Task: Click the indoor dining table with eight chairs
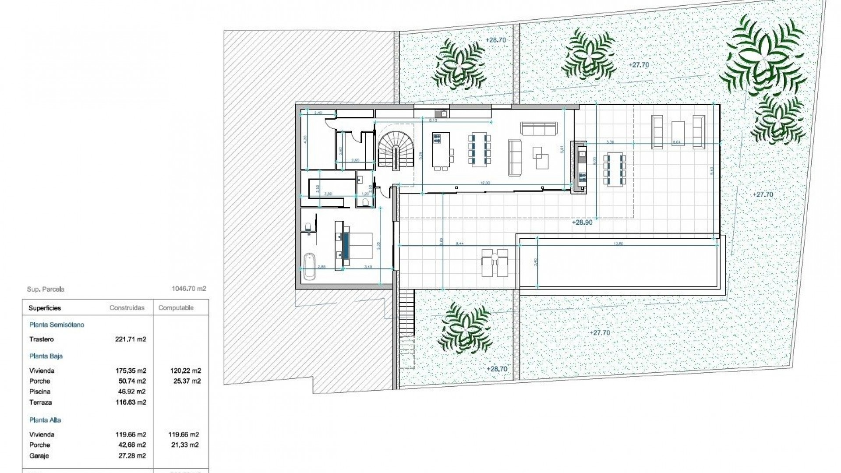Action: pos(480,150)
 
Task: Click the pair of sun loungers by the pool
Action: pos(495,263)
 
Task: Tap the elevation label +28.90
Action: pos(582,222)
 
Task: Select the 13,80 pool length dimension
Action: pos(619,244)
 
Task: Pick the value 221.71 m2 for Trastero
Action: pos(131,339)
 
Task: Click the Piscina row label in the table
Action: pos(40,392)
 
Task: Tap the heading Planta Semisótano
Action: pos(57,325)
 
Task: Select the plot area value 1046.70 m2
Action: pos(189,289)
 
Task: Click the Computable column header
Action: pos(176,308)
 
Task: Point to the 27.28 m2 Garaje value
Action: pos(131,456)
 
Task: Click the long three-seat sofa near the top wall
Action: pos(539,128)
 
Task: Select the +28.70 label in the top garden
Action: pos(496,40)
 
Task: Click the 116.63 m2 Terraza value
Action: pos(131,402)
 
